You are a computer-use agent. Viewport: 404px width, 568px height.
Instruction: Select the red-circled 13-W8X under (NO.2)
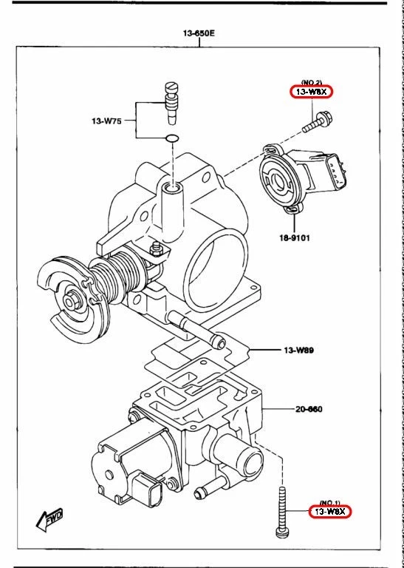(311, 92)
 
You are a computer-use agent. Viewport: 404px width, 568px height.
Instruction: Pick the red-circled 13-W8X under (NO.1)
(330, 511)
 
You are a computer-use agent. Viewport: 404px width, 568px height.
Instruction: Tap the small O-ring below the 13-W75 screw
(172, 138)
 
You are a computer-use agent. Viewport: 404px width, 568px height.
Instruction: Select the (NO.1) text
(330, 501)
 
